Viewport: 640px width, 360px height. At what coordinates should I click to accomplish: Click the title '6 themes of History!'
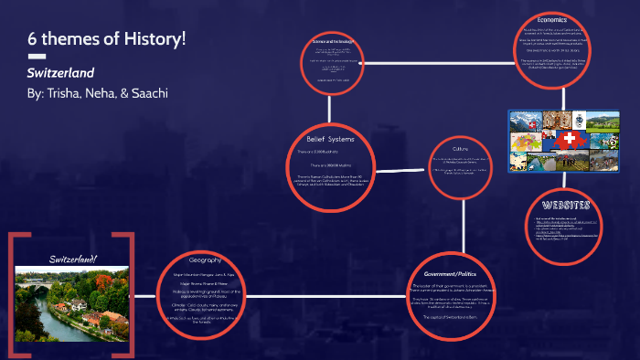tap(106, 39)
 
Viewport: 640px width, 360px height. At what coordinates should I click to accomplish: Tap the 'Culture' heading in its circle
tap(462, 148)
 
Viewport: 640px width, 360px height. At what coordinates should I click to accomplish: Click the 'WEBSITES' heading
tap(565, 204)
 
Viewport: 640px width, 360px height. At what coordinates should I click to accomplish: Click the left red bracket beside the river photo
tap(14, 292)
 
